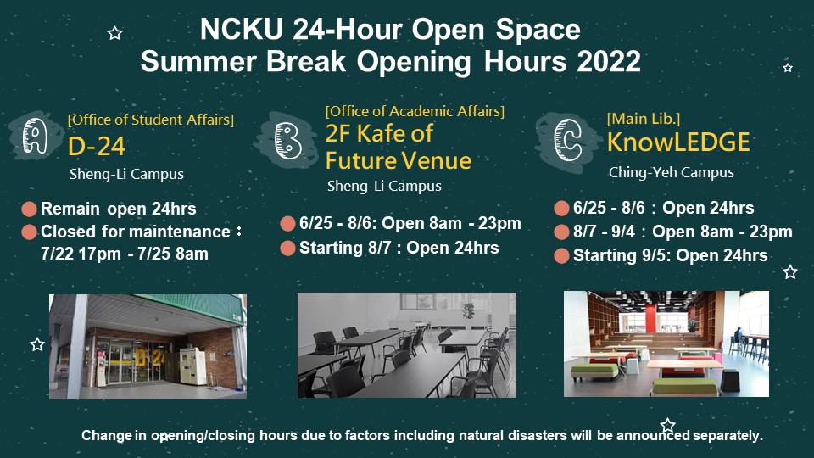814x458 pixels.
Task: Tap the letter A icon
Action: pyautogui.click(x=35, y=136)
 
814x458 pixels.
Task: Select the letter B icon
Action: pyautogui.click(x=287, y=140)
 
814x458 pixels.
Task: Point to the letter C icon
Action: pyautogui.click(x=567, y=139)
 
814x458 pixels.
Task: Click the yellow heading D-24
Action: pyautogui.click(x=97, y=147)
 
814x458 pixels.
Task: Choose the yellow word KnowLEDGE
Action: pyautogui.click(x=678, y=142)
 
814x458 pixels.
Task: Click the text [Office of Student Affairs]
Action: pyautogui.click(x=151, y=120)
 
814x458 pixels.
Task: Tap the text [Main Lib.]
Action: pyautogui.click(x=644, y=119)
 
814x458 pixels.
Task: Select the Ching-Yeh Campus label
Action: pyautogui.click(x=672, y=172)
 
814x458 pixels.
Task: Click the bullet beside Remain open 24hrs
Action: pyautogui.click(x=29, y=209)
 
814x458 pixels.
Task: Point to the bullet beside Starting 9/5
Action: pyautogui.click(x=561, y=256)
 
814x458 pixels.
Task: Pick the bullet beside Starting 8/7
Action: pyautogui.click(x=287, y=249)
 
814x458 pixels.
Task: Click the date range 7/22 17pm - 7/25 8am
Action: pyautogui.click(x=125, y=254)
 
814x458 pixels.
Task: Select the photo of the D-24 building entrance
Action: pyautogui.click(x=148, y=346)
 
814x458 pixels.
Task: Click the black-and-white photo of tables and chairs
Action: pyautogui.click(x=407, y=345)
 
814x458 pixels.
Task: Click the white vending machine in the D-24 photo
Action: pyautogui.click(x=192, y=366)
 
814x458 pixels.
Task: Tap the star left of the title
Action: pyautogui.click(x=114, y=33)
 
